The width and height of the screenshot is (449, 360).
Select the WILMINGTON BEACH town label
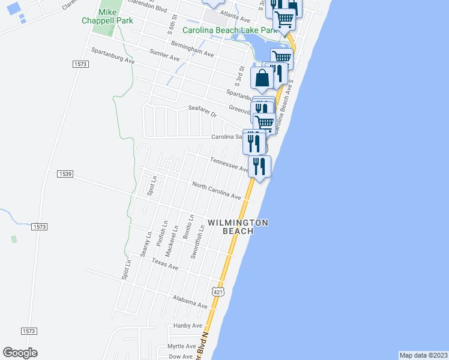tap(238, 226)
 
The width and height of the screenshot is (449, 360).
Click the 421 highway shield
tap(217, 291)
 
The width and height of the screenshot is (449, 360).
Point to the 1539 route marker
tap(65, 174)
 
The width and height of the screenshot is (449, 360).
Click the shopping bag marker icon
tap(262, 79)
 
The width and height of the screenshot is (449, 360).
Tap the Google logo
tap(20, 353)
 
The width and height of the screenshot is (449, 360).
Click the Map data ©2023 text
tap(424, 355)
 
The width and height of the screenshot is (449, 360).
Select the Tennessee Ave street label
tap(230, 164)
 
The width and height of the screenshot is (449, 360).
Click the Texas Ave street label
tap(165, 264)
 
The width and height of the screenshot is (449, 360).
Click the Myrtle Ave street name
tap(182, 346)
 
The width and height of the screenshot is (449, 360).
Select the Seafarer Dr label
tap(202, 110)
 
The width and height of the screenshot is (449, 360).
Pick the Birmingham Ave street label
tap(192, 49)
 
